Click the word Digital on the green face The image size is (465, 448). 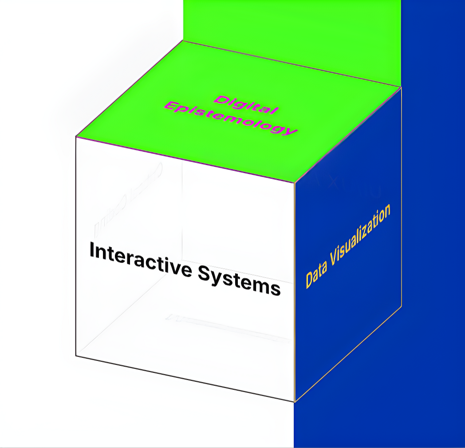click(x=246, y=105)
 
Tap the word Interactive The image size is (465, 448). click(x=141, y=259)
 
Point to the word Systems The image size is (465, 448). click(x=239, y=280)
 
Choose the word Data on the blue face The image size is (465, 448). click(x=316, y=275)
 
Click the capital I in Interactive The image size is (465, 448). click(x=92, y=250)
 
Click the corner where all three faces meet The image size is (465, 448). click(x=295, y=183)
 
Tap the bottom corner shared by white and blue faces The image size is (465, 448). click(x=295, y=402)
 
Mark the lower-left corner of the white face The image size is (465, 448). click(x=76, y=356)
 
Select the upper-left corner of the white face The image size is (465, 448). click(x=76, y=137)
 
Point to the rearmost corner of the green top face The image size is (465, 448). click(x=183, y=41)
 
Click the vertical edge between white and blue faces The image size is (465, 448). click(x=295, y=292)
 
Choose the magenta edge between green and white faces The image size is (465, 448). click(x=185, y=160)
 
